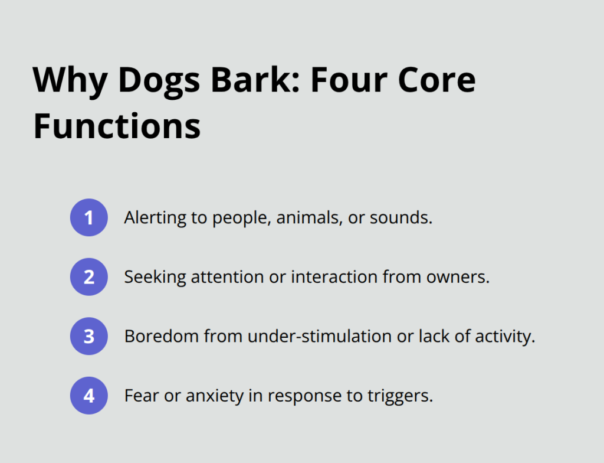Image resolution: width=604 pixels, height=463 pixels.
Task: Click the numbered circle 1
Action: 89,217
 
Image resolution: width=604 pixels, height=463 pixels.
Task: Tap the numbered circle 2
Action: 89,276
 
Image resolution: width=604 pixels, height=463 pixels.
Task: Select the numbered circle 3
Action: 89,336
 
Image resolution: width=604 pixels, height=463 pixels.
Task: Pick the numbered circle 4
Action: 89,395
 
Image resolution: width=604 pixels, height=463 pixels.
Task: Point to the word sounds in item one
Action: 401,218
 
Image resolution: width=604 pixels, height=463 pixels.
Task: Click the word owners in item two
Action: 463,277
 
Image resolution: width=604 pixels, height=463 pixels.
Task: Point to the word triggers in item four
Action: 406,395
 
